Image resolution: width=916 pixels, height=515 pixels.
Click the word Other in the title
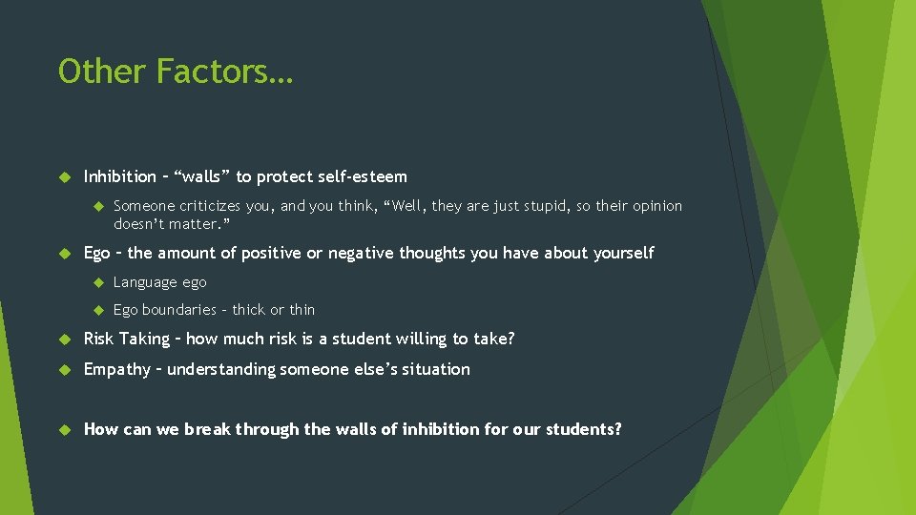(x=102, y=72)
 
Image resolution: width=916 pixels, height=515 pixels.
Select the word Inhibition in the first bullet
(x=119, y=176)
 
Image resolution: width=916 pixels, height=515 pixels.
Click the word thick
(x=249, y=310)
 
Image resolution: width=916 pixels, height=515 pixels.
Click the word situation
(x=437, y=369)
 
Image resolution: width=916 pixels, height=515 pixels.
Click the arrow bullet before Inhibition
(x=64, y=176)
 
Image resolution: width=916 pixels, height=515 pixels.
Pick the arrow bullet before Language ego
(x=96, y=282)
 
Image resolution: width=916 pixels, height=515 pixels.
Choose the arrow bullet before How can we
(x=64, y=429)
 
